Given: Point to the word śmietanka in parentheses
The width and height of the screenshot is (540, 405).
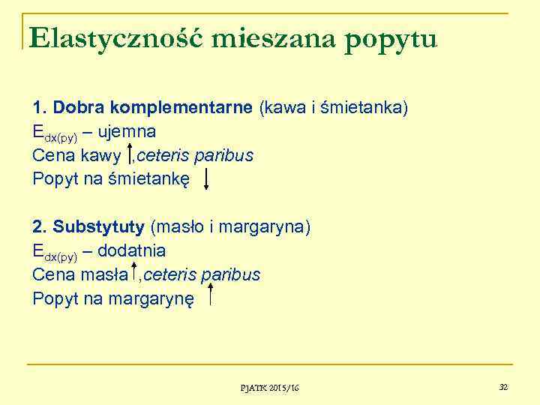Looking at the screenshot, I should point(367,109).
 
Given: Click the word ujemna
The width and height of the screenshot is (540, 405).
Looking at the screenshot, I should point(126,132).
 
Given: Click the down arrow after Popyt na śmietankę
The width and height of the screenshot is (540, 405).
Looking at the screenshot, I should point(207,179).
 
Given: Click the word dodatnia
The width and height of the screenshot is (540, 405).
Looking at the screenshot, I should point(131,250).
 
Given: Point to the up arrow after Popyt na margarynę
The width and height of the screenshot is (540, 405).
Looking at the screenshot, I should point(212,296).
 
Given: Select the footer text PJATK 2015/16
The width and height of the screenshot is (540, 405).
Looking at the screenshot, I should point(269,387).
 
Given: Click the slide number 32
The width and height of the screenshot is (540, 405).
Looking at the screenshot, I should point(503,386).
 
